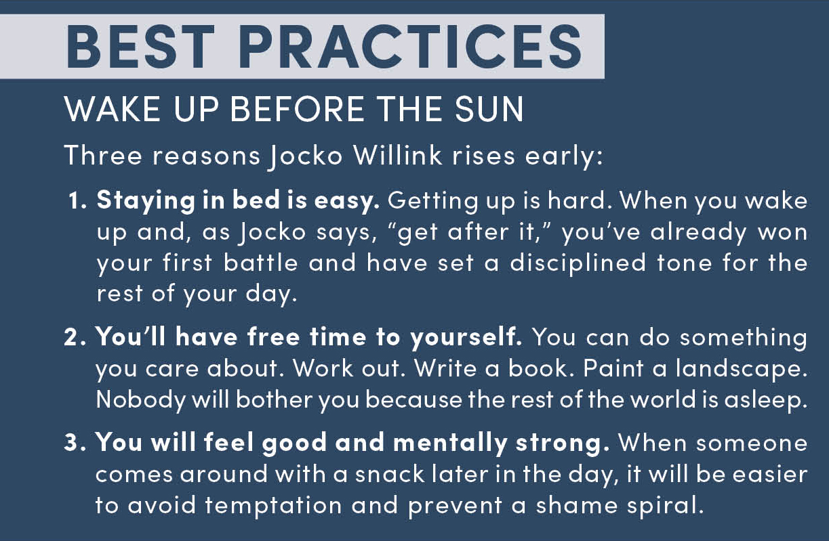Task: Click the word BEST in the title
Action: pos(140,47)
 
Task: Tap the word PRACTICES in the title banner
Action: pos(411,47)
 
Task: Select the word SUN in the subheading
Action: pos(489,109)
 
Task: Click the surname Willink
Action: pos(397,155)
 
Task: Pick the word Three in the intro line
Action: pos(103,155)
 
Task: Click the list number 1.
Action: pos(77,201)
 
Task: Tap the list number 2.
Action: pos(75,338)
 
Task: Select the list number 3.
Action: pos(75,443)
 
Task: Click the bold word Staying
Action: pos(146,202)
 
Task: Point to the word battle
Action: pos(260,263)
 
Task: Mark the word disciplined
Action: pos(578,264)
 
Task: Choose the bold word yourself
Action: pos(466,339)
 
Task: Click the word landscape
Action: pos(742,370)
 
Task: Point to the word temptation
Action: pos(273,506)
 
